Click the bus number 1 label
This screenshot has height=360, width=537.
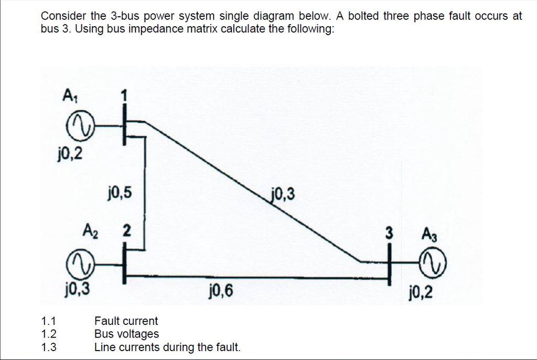pyautogui.click(x=124, y=97)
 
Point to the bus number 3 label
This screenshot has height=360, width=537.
pyautogui.click(x=389, y=233)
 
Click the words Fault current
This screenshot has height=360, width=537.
pyautogui.click(x=126, y=321)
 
